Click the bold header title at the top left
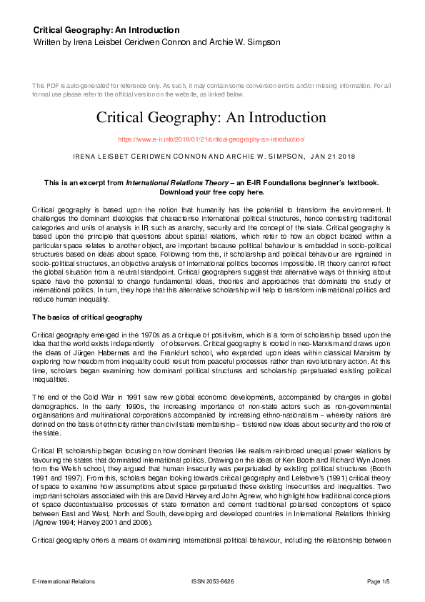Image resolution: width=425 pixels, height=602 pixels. pyautogui.click(x=106, y=30)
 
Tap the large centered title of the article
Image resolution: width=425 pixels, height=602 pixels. pyautogui.click(x=211, y=117)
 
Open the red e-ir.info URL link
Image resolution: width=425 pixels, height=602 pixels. pyautogui.click(x=211, y=139)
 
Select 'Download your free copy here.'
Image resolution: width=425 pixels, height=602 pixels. pyautogui.click(x=211, y=192)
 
